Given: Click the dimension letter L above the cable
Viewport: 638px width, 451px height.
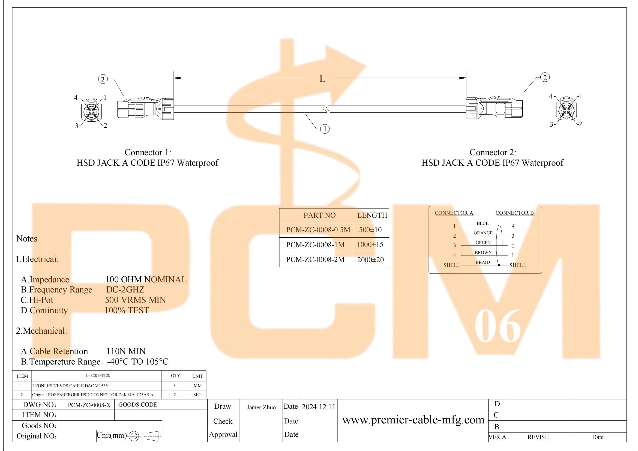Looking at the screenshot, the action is click(x=322, y=79).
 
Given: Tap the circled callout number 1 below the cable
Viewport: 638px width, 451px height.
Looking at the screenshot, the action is click(x=325, y=129).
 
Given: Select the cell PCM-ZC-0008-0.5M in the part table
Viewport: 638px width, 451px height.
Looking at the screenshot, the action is click(x=318, y=230).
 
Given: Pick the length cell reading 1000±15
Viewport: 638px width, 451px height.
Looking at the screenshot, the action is click(x=370, y=244).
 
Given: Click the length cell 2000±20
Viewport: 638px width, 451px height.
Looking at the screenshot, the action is click(x=370, y=260).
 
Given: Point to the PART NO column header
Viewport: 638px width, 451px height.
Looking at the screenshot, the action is click(x=320, y=215).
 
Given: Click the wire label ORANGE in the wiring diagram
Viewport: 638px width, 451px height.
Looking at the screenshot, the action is click(x=483, y=233).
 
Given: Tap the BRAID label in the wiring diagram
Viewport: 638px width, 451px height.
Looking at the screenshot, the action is click(x=483, y=262).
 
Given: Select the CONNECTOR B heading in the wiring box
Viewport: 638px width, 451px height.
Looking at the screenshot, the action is click(x=515, y=213).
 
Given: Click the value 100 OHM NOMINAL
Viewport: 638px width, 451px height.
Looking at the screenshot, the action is click(x=146, y=280).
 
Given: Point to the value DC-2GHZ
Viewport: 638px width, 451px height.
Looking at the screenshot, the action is click(x=125, y=289).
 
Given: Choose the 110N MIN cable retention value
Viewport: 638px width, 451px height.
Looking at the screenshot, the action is click(x=126, y=351).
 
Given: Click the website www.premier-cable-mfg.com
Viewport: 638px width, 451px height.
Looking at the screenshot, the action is click(x=413, y=420).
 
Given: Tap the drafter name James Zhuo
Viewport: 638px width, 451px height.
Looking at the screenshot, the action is click(x=261, y=407).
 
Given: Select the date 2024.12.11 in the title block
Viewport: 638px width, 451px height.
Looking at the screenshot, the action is click(x=319, y=407).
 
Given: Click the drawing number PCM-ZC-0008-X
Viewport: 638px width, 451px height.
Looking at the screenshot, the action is click(x=89, y=405).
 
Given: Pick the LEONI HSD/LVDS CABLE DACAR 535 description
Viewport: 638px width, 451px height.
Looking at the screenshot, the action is click(x=70, y=386).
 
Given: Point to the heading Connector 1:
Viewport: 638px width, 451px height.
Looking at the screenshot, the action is click(x=148, y=152).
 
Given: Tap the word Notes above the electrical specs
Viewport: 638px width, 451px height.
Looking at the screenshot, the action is click(x=27, y=239).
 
